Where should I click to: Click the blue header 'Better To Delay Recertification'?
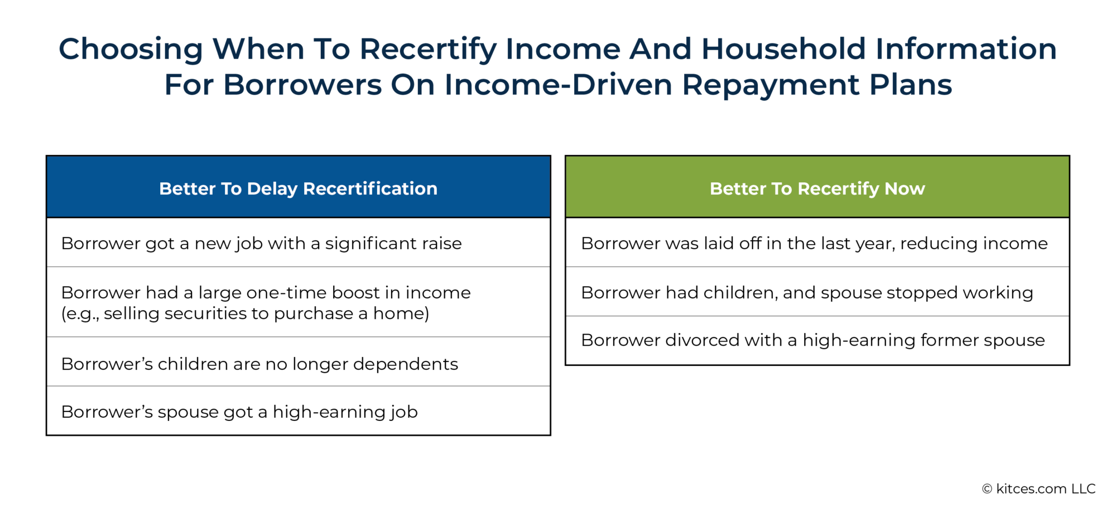298,188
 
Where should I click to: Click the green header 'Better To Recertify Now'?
817,188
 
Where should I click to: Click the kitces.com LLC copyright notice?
1038,488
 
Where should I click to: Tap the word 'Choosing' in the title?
131,49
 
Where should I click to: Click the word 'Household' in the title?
783,49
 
